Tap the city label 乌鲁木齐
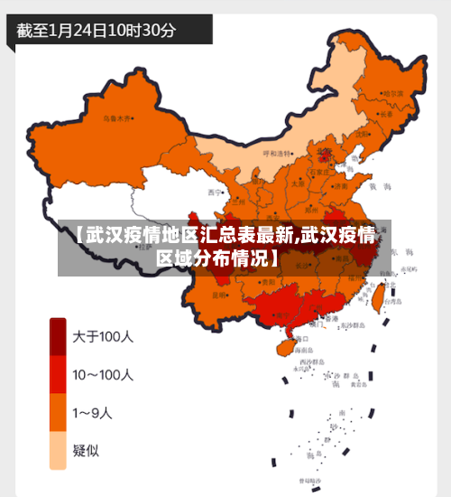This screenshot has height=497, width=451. pyautogui.click(x=116, y=117)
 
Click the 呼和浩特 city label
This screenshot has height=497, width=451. pyautogui.click(x=279, y=153)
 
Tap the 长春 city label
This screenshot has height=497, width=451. pyautogui.click(x=385, y=114)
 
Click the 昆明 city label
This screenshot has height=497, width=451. pyautogui.click(x=219, y=295)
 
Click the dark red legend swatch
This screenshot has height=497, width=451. pyautogui.click(x=58, y=336)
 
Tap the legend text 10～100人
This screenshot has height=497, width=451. pyautogui.click(x=103, y=374)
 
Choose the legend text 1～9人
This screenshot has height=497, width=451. pyautogui.click(x=94, y=413)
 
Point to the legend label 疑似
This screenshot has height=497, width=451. pyautogui.click(x=87, y=450)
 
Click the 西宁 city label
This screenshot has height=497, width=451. pyautogui.click(x=214, y=192)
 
